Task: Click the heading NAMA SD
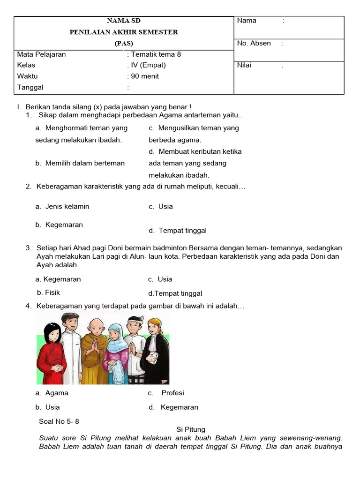pyautogui.click(x=124, y=21)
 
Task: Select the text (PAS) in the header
pyautogui.click(x=124, y=43)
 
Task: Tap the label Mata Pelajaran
pyautogui.click(x=41, y=54)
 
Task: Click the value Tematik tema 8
pyautogui.click(x=156, y=54)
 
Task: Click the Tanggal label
pyautogui.click(x=30, y=88)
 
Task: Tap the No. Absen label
pyautogui.click(x=254, y=43)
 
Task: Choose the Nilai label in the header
pyautogui.click(x=244, y=65)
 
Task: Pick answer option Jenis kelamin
pyautogui.click(x=67, y=206)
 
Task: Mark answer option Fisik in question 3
pyautogui.click(x=52, y=292)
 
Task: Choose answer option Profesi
pyautogui.click(x=172, y=393)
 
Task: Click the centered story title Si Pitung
pyautogui.click(x=191, y=429)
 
